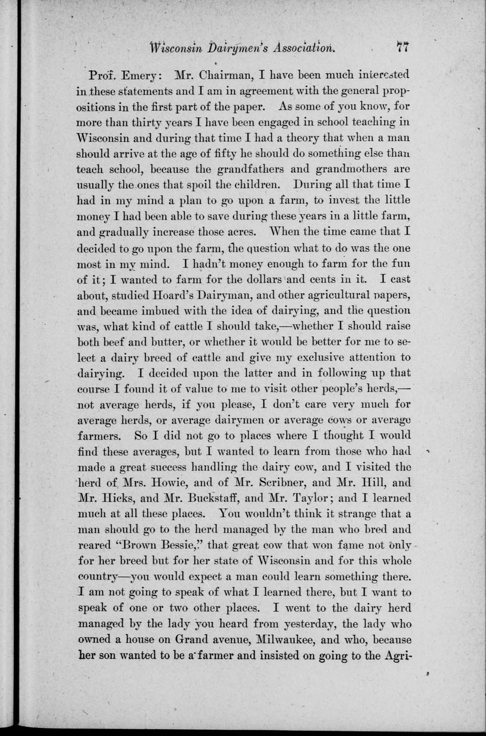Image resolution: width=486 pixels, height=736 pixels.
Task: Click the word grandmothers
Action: [x=351, y=169]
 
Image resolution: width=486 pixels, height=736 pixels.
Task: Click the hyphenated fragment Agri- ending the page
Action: [x=398, y=655]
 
